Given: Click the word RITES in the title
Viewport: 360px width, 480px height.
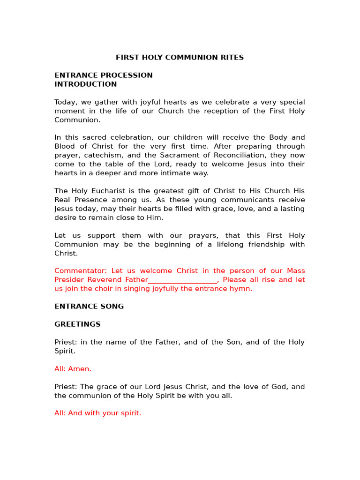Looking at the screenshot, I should tap(232, 58).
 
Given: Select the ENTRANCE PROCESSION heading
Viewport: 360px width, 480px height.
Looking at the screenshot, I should tap(104, 75).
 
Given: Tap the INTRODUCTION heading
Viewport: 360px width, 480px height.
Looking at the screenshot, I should tap(85, 84).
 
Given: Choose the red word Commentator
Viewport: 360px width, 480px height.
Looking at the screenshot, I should tap(80, 271).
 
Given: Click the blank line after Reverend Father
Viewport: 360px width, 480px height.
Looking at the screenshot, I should tap(182, 280).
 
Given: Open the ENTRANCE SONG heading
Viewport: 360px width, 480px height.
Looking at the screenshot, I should tap(89, 307).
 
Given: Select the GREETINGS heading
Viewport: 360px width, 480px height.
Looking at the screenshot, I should tap(77, 324).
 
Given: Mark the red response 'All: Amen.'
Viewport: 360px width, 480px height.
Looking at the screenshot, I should tap(73, 369).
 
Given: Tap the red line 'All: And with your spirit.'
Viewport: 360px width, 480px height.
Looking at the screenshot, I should tap(97, 413).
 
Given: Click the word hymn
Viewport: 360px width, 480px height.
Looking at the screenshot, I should tap(242, 289).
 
